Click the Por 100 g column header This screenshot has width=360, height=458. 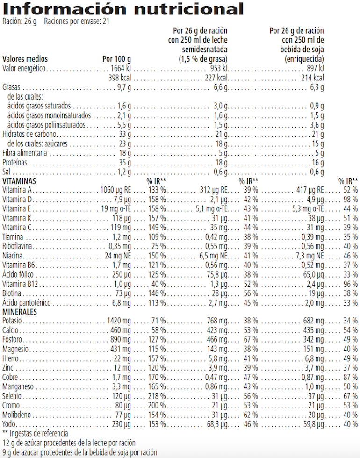[x=116, y=59]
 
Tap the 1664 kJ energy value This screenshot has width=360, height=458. [x=120, y=69]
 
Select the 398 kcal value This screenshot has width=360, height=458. [x=120, y=78]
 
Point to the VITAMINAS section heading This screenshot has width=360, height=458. [x=20, y=181]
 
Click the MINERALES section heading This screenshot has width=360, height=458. [x=20, y=312]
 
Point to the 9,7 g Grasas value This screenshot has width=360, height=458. [x=123, y=87]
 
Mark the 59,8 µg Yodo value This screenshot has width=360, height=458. [x=312, y=424]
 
